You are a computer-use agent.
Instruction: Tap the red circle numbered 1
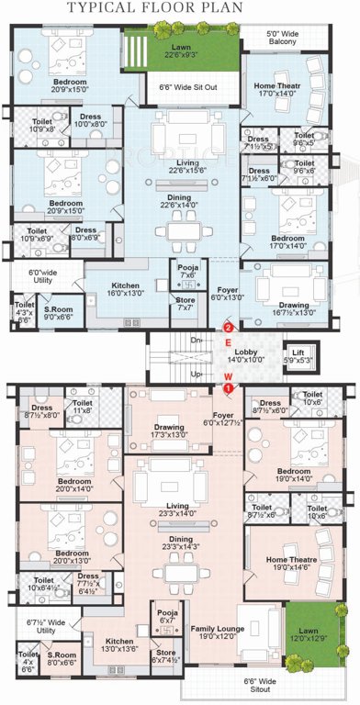point(227,388)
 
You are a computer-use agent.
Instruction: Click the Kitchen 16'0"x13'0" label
point(125,289)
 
